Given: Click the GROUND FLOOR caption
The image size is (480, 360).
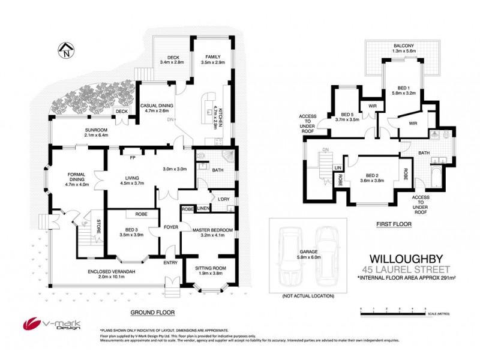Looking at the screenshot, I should tap(152, 313).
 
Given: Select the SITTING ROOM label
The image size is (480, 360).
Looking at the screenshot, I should tap(211, 269).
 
